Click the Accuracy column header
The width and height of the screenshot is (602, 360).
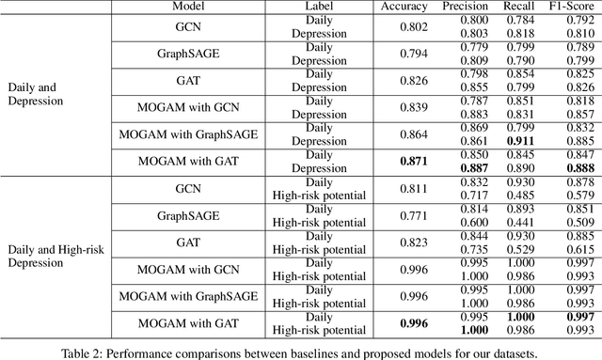(404, 6)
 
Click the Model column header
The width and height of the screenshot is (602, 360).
(171, 6)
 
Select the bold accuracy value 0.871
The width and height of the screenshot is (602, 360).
(404, 162)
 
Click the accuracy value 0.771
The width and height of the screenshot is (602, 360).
(404, 215)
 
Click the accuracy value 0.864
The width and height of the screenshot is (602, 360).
(404, 134)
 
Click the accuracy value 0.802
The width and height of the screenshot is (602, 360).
(404, 26)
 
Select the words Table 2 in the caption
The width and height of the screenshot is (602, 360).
(95, 353)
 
